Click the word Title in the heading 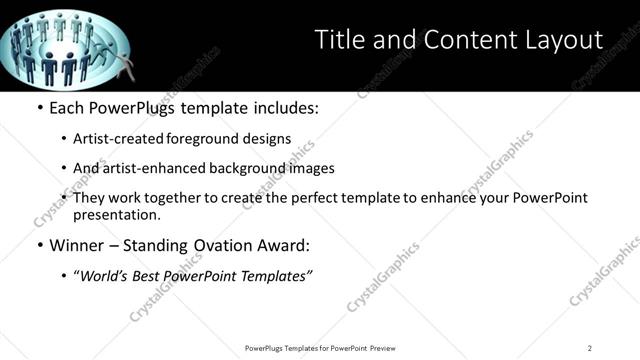[338, 40]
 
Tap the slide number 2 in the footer [589, 347]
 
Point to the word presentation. [116, 215]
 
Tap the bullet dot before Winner [38, 245]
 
